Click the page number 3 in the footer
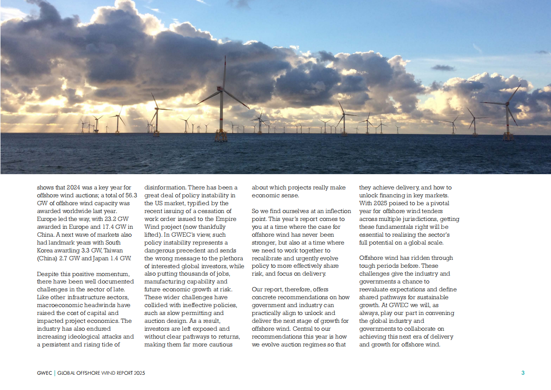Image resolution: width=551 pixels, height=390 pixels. coord(523,373)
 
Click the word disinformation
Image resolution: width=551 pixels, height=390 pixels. coord(165,188)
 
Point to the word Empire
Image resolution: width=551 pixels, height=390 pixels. coord(226,219)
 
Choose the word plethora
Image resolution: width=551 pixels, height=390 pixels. coord(231,266)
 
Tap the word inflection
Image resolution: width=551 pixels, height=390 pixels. coord(331,211)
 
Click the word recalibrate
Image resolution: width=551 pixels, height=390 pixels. coord(269,258)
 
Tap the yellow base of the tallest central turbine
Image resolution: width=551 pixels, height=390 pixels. coord(221,136)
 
